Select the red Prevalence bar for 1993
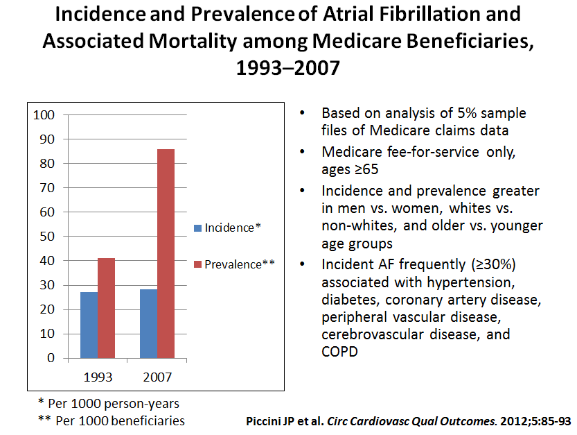coord(106,308)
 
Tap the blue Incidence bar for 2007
coord(148,323)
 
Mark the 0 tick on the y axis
coord(50,359)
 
